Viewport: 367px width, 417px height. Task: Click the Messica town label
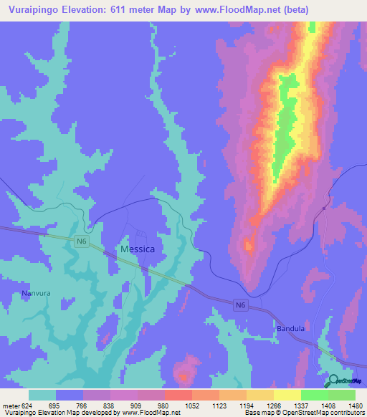point(138,249)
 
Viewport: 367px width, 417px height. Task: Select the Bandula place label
point(290,329)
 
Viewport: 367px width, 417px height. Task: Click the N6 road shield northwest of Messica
point(81,242)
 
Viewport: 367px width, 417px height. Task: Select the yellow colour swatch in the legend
point(287,395)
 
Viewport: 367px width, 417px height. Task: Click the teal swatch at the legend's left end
point(42,395)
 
